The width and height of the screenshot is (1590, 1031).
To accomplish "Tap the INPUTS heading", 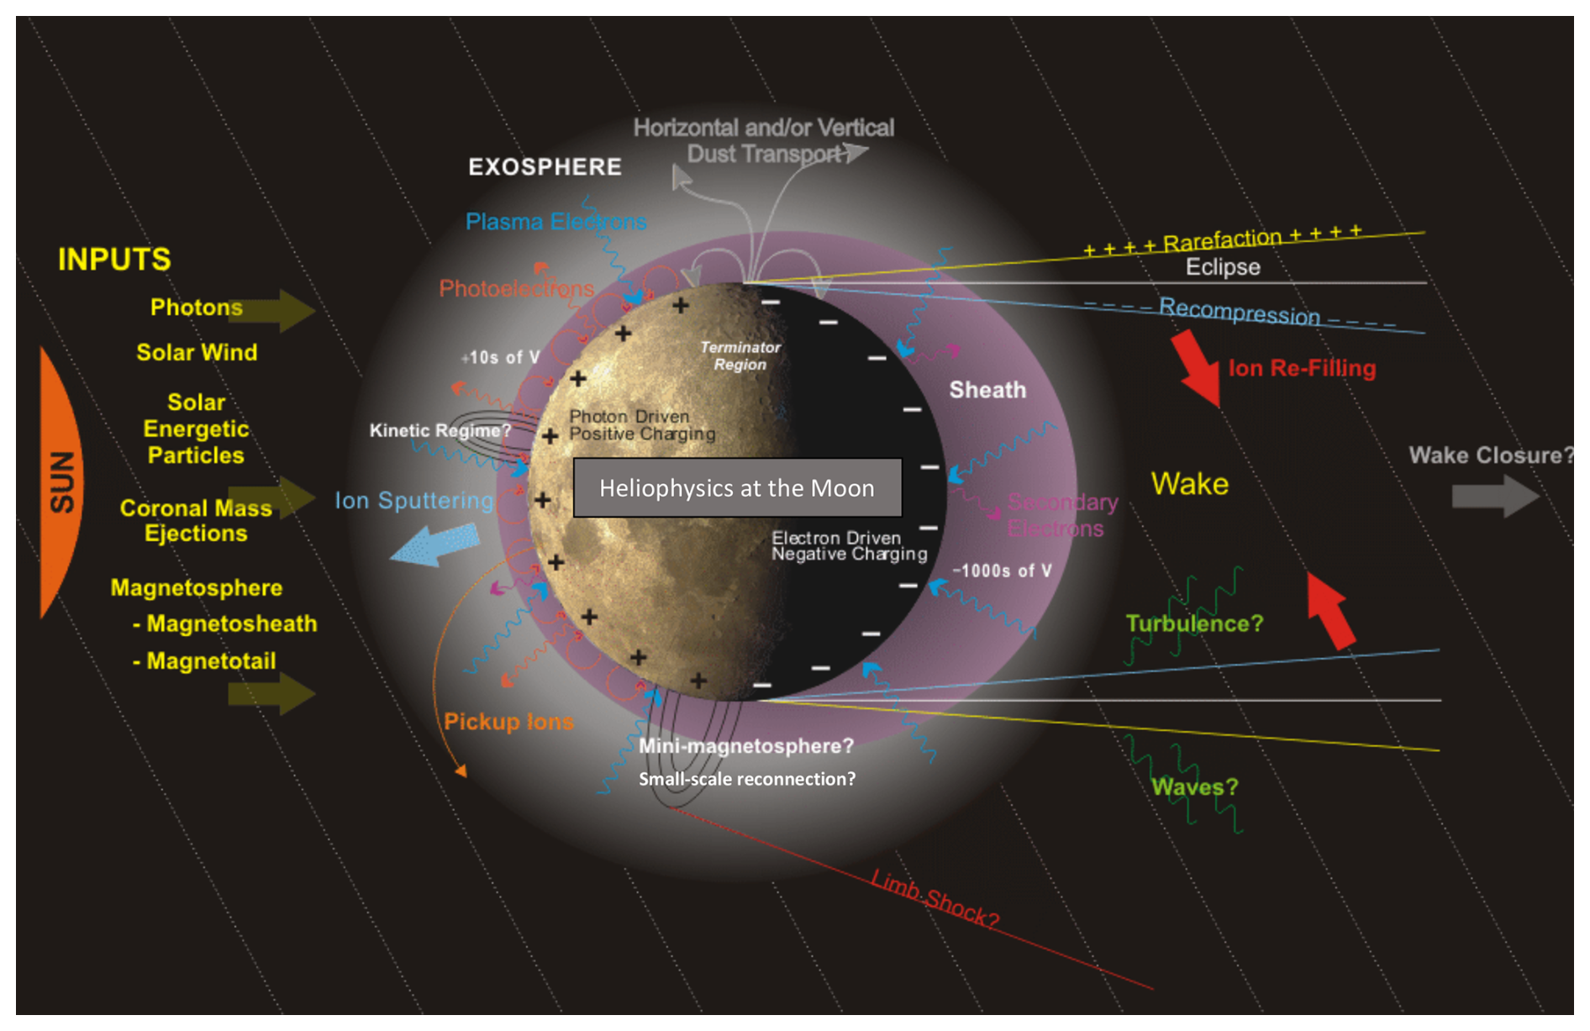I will pos(114,259).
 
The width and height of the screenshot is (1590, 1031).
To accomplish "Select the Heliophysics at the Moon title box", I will pos(737,487).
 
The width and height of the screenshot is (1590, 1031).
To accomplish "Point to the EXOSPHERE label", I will pos(545,166).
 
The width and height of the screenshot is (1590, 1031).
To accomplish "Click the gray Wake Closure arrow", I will pos(1494,496).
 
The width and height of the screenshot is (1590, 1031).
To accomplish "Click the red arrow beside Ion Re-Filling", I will pos(1197,366).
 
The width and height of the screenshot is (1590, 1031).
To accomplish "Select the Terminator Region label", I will pos(740,355).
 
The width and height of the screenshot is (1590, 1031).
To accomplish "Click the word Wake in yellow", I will pos(1189,483).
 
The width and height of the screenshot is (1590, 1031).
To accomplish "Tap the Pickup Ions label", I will pos(508,721).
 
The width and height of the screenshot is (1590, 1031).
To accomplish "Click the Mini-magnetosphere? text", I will pos(745,745).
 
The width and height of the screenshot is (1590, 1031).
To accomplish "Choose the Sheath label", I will pos(987,390).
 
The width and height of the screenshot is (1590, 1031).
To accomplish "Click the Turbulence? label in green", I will pos(1194,623).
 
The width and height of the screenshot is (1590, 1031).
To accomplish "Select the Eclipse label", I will pos(1223,267).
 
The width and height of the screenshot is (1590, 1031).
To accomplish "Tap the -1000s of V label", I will pos(1002,571).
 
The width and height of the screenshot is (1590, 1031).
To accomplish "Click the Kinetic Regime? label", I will pos(440,430).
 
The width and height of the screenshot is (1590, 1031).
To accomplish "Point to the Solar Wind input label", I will pos(197,352).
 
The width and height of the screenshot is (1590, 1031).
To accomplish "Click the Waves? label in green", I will pos(1194,786).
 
